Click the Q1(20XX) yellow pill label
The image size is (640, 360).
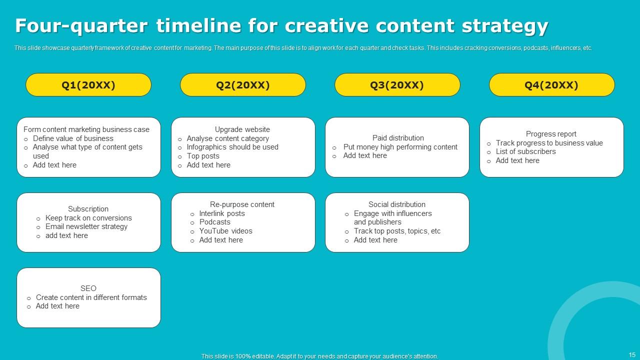coord(88,85)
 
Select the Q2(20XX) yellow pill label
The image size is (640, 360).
coord(243,85)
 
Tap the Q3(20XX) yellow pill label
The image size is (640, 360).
coord(397,85)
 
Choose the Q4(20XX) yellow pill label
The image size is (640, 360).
coord(551,85)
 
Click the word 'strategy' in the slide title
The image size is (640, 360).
coord(505,26)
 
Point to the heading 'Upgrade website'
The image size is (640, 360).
coord(242,129)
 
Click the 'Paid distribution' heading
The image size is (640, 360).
coord(398,138)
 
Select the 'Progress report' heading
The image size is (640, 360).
coord(551,134)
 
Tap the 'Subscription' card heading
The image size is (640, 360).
coord(88,209)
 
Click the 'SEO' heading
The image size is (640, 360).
coord(88,288)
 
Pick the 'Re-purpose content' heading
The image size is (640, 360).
coord(242,204)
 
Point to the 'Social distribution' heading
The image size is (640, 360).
coord(397,204)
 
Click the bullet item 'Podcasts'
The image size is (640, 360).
coord(215,222)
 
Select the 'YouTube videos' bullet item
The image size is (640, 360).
coord(225,231)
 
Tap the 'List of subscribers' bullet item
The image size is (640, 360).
coord(525,151)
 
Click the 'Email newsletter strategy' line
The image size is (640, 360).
coord(86,226)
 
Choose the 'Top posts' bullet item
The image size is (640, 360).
coord(203,156)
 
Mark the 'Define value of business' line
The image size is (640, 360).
coord(73,138)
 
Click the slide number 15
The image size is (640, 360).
coord(632,355)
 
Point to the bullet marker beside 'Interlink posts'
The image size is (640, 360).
coord(192,214)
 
